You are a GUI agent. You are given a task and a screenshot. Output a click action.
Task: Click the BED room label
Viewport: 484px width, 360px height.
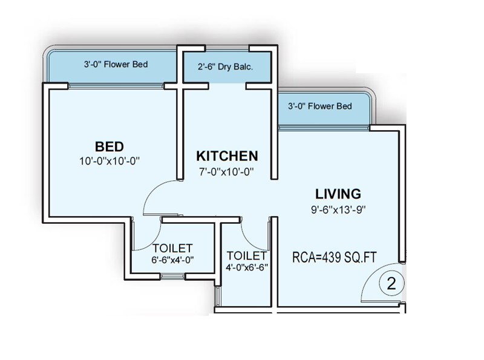[x=110, y=146]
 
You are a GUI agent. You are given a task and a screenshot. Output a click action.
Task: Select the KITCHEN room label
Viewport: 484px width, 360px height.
[x=226, y=155]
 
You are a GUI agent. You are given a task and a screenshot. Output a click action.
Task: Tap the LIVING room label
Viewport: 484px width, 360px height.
[x=338, y=194]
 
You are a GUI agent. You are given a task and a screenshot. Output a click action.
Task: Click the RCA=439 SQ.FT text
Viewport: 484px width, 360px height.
[x=335, y=257]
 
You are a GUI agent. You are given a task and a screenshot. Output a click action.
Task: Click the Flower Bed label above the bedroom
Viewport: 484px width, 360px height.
[x=116, y=64]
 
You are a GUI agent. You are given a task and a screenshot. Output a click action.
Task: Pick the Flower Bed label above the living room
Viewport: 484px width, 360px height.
[x=320, y=106]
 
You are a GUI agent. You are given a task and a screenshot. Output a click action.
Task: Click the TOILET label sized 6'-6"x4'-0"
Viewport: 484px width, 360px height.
[x=172, y=248]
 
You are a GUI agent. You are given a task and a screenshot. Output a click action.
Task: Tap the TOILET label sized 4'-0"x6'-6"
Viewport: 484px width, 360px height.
[x=246, y=255]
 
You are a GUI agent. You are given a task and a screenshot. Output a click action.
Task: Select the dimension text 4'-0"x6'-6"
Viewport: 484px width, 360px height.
[x=246, y=266]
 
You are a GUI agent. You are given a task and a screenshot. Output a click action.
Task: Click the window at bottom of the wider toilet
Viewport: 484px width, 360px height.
[x=174, y=277]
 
